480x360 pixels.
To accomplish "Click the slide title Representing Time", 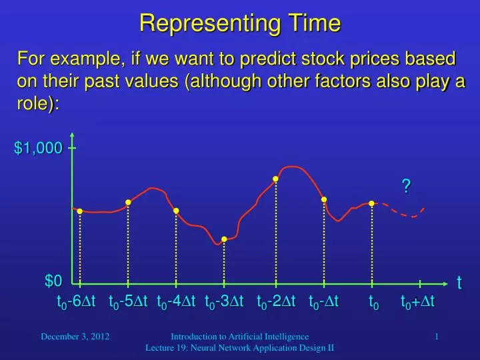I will point(240,23).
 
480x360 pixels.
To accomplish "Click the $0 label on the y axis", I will point(53,281).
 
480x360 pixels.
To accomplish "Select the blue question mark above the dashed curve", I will point(405,187).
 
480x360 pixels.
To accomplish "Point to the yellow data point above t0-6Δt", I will point(80,211).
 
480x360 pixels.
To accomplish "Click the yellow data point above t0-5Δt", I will point(128,203).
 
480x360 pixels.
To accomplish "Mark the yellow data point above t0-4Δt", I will point(176,211).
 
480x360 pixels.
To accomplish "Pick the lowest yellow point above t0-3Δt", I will point(225,239).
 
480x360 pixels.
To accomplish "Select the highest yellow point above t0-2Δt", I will point(275,179).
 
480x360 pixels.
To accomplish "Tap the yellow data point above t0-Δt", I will point(324,199).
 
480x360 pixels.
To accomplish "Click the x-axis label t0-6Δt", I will point(76,303).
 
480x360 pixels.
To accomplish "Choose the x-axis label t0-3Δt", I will point(224,303).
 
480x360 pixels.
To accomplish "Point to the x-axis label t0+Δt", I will point(417,303).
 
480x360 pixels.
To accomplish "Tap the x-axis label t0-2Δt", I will point(276,303).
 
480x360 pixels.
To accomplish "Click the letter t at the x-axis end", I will point(459,283).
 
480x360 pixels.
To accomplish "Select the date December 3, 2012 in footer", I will point(75,337).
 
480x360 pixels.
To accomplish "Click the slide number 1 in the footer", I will point(436,337).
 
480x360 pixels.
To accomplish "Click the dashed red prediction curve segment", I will point(403,212).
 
